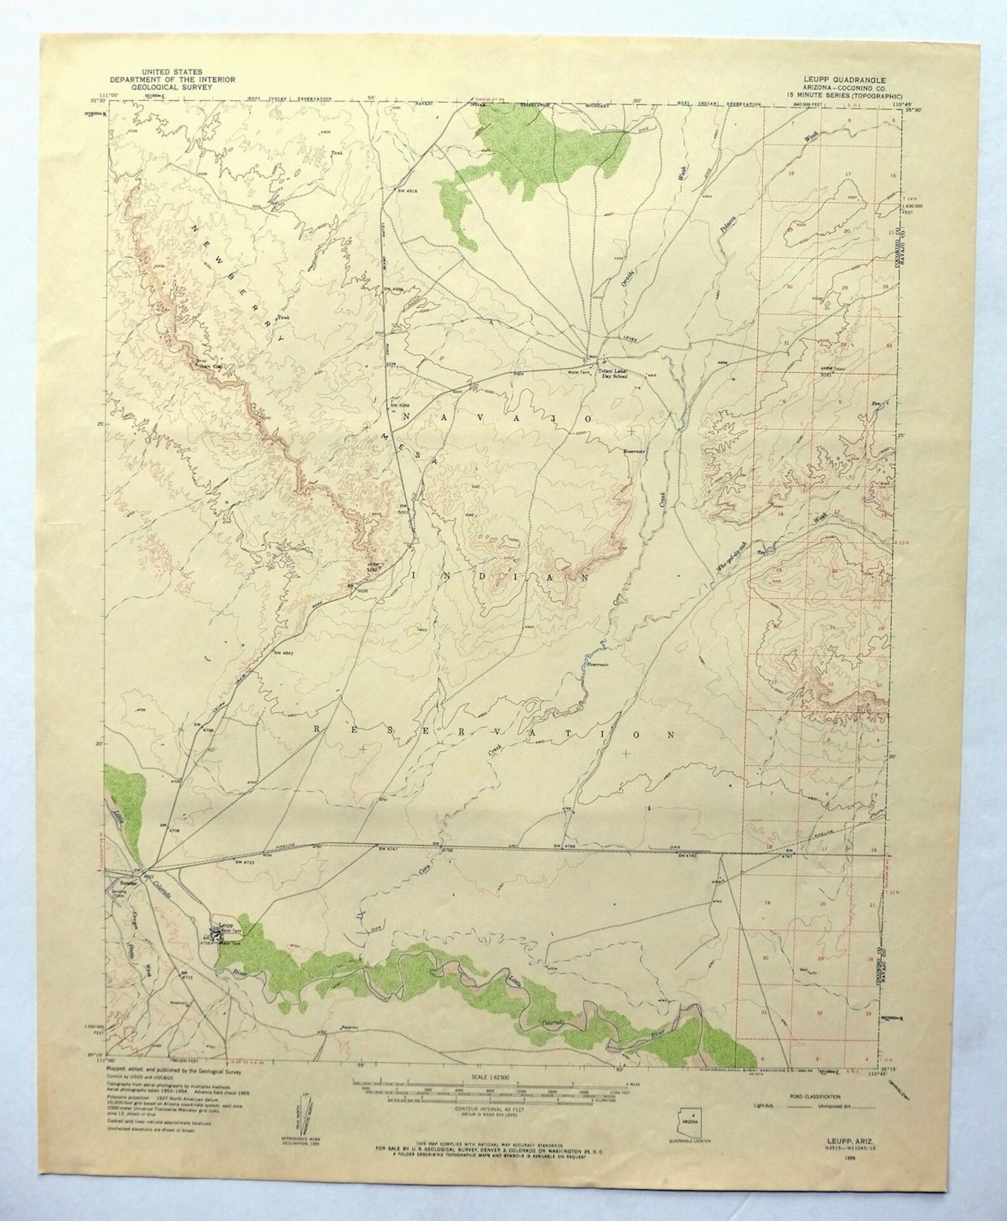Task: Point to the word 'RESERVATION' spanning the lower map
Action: pyautogui.click(x=495, y=732)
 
